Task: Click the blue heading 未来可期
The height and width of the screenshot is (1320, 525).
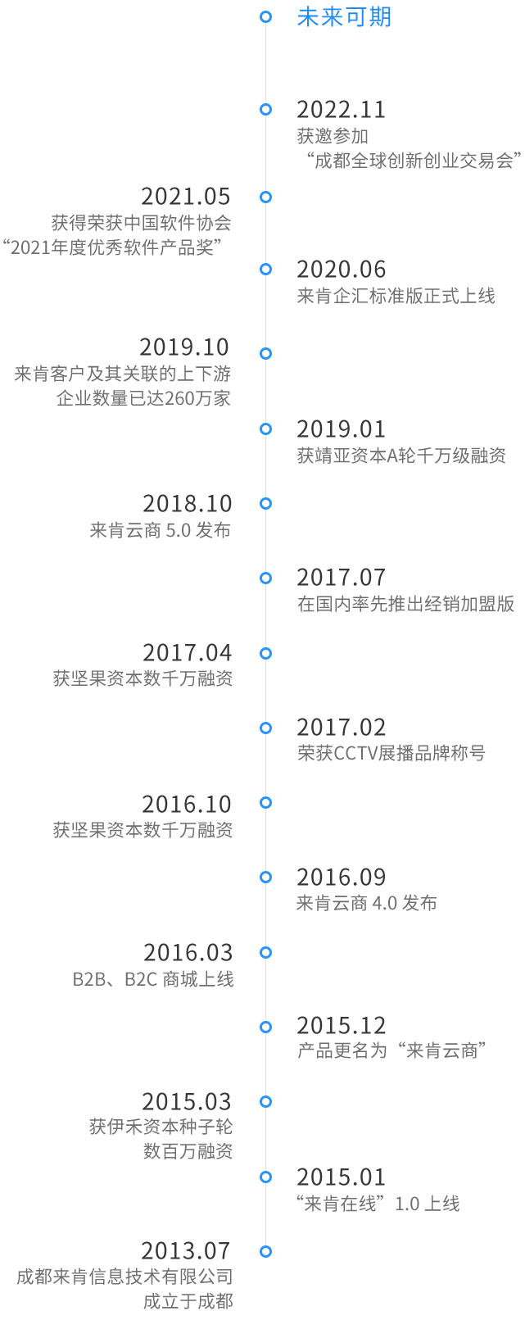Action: (344, 17)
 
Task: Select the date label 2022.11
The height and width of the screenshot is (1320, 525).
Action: (341, 110)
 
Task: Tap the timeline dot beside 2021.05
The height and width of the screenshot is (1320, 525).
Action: (265, 197)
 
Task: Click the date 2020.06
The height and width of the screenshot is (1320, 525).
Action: (341, 270)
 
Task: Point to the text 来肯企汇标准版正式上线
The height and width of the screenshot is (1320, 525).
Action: (396, 296)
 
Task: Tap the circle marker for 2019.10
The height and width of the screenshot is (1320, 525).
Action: (265, 354)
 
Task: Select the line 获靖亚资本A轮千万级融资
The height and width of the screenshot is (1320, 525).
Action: (401, 456)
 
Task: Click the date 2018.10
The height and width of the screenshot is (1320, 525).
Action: (187, 504)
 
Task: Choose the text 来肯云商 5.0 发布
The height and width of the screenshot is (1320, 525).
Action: (161, 530)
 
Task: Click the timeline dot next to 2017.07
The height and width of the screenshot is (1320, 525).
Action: (265, 578)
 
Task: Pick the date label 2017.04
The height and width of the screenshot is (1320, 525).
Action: (187, 653)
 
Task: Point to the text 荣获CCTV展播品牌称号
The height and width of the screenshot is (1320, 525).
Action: (391, 753)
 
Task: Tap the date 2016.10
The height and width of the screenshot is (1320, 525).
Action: (187, 805)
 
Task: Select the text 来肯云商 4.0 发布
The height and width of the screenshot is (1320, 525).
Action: (366, 903)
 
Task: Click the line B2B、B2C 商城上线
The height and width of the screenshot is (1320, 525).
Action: (153, 979)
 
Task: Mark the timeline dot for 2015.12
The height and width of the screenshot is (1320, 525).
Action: (265, 1027)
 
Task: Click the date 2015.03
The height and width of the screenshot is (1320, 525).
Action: (187, 1102)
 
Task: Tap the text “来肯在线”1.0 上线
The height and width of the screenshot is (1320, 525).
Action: (378, 1204)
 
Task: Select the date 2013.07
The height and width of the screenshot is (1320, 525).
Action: (187, 1251)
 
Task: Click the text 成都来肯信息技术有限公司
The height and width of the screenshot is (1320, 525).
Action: (125, 1277)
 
